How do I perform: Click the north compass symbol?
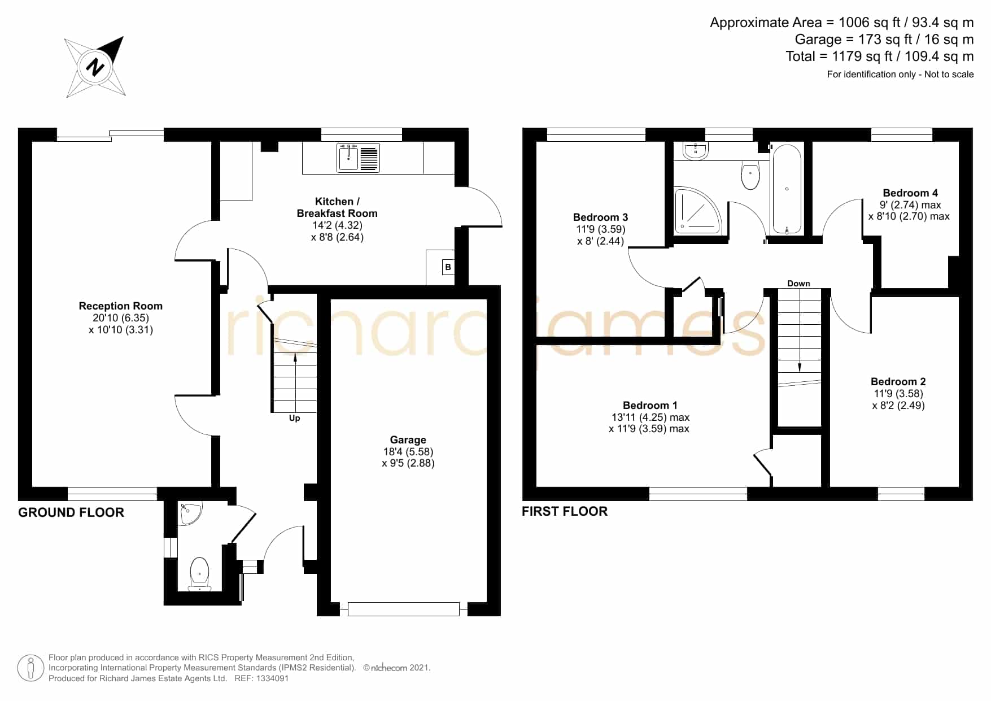pos(94,67)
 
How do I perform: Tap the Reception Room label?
pos(121,306)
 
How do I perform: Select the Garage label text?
pos(408,439)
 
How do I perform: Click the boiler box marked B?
pos(448,267)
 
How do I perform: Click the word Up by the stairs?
pos(294,419)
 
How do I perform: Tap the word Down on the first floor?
pos(798,284)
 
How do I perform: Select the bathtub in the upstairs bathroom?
pos(787,189)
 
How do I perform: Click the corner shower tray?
pos(698,210)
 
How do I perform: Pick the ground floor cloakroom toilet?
pos(199,574)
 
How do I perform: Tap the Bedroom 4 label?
pos(910,193)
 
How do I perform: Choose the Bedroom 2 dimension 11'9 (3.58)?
pos(898,394)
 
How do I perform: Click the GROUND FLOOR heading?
pos(71,512)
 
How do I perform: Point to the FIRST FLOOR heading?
pos(565,511)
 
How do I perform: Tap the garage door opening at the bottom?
pos(404,609)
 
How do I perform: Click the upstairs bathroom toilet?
pos(750,175)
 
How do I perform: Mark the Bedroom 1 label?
pos(649,406)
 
